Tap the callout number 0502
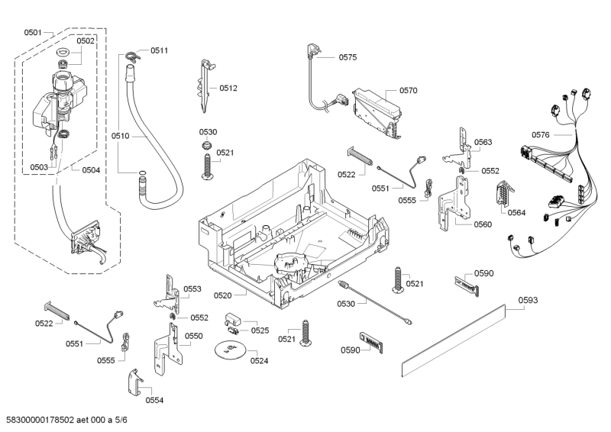point(86,41)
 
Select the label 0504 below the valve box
point(91,169)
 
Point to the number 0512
point(228,88)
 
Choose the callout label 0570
point(408,90)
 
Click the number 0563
point(483,142)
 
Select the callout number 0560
point(483,225)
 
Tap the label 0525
point(260,330)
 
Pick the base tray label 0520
point(223,295)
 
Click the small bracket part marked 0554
point(134,380)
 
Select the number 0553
point(192,289)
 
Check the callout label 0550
point(194,336)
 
